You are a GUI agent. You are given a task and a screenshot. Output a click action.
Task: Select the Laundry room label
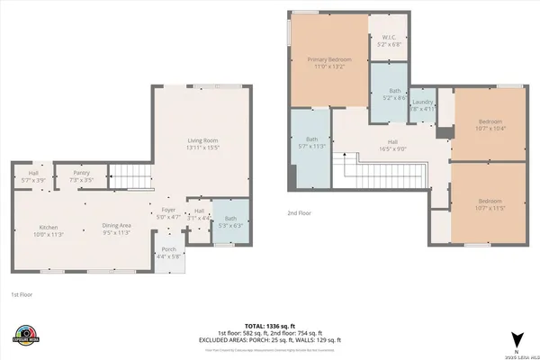[x=423, y=104]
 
